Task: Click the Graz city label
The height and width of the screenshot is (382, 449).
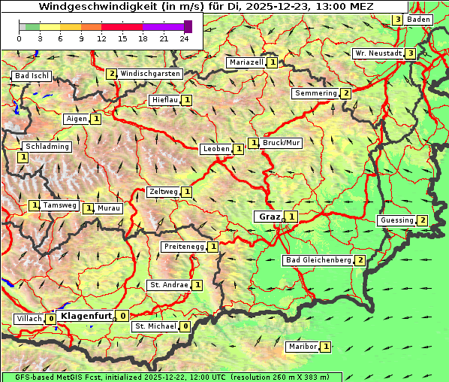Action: (268, 217)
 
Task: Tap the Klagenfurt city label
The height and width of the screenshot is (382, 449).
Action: (86, 316)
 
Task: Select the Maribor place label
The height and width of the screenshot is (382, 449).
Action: (301, 347)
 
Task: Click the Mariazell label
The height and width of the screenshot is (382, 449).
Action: (246, 62)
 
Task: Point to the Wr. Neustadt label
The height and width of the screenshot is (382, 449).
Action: (378, 53)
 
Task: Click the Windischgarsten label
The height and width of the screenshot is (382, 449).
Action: (149, 74)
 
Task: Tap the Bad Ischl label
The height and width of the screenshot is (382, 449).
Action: (32, 77)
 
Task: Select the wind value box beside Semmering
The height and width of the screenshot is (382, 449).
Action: (345, 93)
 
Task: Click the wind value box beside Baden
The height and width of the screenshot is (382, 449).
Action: (397, 20)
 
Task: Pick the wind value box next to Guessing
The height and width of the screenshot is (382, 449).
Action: (423, 220)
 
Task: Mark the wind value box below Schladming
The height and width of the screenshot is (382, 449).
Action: (23, 157)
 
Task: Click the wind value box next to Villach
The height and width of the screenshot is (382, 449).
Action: (51, 319)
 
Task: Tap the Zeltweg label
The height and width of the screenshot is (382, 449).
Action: (163, 192)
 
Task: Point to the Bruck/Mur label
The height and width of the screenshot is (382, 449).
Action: (282, 142)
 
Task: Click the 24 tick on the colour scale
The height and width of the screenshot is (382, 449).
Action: (184, 38)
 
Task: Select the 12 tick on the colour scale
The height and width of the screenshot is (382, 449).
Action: (101, 38)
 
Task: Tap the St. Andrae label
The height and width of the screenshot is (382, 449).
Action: (169, 285)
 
